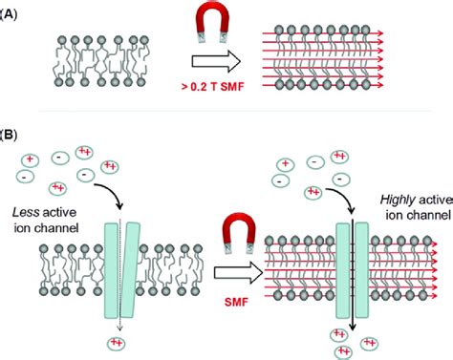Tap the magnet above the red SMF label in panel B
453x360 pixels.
218,239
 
